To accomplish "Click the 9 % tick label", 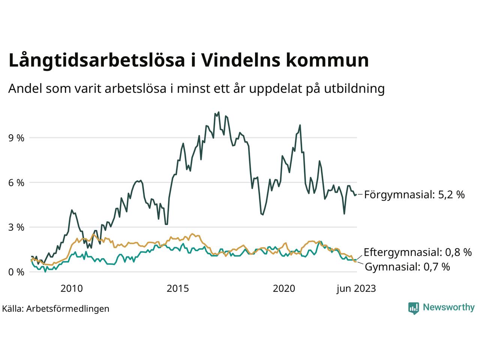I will (16, 138).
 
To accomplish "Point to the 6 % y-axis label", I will (16, 183).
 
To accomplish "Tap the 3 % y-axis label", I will (16, 227).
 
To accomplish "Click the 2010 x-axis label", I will (71, 288).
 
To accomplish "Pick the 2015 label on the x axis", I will (178, 288).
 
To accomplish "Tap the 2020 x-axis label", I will (284, 288).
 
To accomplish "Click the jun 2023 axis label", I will (356, 288).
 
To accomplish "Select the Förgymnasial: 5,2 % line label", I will (414, 195).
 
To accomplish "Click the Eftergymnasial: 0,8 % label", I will (418, 252).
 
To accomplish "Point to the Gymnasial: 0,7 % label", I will (407, 267).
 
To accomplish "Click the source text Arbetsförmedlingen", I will (68, 309).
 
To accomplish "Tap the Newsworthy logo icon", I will (413, 308).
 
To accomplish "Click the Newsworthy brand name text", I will (448, 307).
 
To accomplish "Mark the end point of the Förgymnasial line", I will (356, 194).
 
